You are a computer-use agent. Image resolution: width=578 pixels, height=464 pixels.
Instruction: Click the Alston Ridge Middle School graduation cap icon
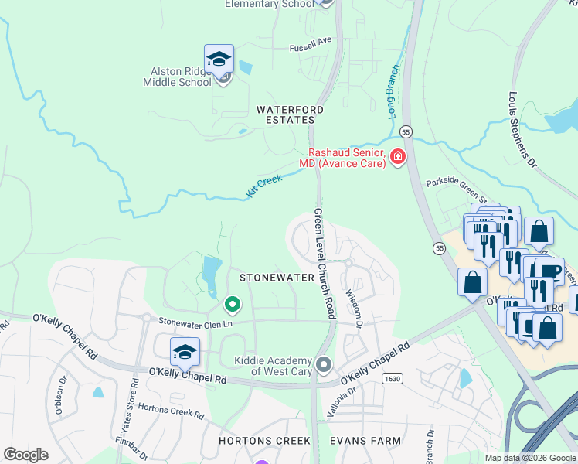pos(219,60)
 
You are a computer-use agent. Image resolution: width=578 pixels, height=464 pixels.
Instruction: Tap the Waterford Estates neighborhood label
pos(286,115)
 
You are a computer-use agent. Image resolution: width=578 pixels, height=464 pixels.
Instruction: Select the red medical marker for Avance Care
pos(398,158)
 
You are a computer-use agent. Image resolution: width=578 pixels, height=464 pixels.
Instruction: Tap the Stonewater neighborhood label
pos(277,277)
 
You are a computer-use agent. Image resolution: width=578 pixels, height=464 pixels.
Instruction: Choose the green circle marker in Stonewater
pos(231,304)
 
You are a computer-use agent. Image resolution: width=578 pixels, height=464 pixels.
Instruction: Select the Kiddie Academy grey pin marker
pos(324,363)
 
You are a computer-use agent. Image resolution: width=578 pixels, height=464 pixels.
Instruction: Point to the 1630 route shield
pos(392,377)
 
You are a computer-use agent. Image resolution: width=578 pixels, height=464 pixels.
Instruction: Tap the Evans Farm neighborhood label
pos(365,441)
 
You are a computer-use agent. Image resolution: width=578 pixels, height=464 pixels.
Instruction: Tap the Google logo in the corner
pos(26,455)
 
